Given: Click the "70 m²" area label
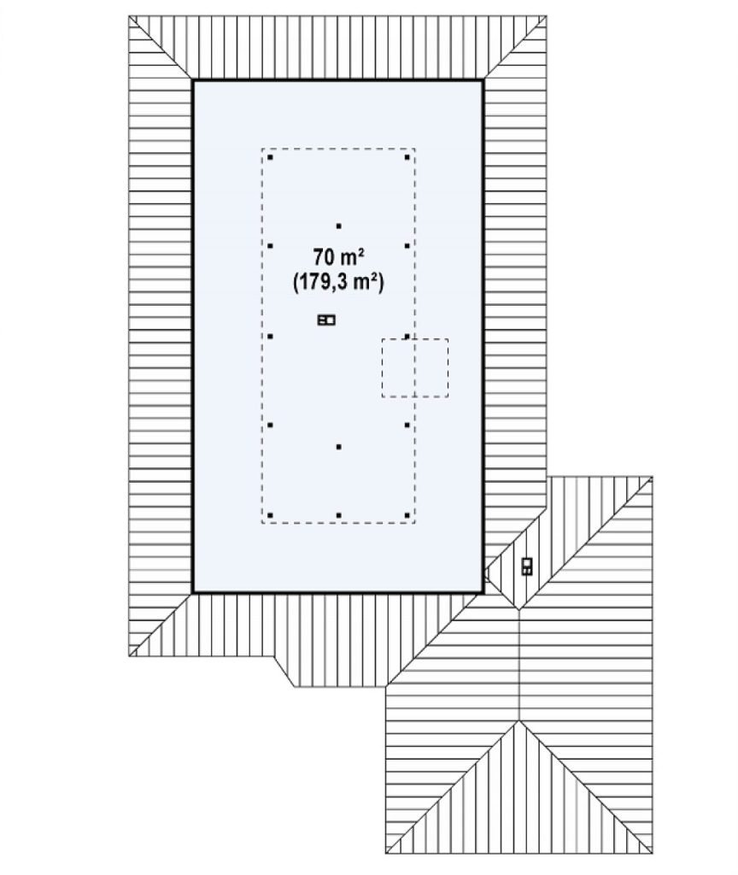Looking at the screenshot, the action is [x=338, y=257].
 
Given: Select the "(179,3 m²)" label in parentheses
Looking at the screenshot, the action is [x=338, y=282].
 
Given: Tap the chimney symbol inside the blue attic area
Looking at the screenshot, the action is [x=326, y=320].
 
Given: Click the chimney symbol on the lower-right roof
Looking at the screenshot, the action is [x=527, y=567].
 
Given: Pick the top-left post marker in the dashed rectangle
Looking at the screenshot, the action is [x=270, y=157].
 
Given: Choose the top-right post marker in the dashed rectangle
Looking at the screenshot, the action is [x=407, y=157].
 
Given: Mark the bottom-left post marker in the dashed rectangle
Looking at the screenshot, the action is [x=270, y=515].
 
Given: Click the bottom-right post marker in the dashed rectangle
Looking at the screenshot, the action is [x=407, y=515].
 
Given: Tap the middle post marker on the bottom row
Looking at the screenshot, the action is [x=338, y=515].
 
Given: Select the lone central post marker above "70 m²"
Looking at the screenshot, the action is [x=338, y=226].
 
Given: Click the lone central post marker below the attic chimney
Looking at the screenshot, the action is [x=338, y=447].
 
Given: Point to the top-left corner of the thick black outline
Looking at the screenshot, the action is [x=193, y=81].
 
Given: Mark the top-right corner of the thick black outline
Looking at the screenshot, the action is [x=483, y=81].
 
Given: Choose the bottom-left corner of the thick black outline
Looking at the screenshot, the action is [x=193, y=592].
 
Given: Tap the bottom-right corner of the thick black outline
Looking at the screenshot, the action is [x=483, y=592].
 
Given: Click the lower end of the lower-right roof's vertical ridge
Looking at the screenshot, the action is [x=519, y=720].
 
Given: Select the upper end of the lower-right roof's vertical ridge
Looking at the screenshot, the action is [x=519, y=610].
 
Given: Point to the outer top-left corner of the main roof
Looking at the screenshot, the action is [x=129, y=16].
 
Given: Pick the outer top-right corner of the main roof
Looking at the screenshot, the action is [x=546, y=16].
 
